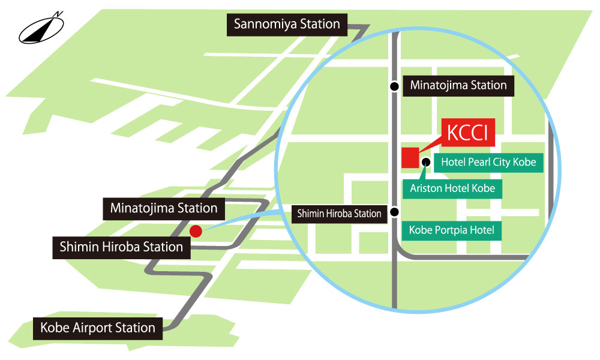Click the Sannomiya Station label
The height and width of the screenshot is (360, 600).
(287, 25)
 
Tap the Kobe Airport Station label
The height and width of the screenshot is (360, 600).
(98, 328)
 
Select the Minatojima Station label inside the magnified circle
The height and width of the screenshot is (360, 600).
(458, 86)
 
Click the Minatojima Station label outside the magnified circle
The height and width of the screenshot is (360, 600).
(164, 208)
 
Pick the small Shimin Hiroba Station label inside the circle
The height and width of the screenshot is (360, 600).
(340, 213)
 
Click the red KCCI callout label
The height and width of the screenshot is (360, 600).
(468, 133)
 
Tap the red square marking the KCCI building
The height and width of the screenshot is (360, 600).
(410, 157)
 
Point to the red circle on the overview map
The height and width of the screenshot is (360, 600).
(195, 230)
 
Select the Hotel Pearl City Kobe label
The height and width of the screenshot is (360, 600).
(488, 162)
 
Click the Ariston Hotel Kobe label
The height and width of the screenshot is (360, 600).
(452, 188)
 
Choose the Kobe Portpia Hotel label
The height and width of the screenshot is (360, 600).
(451, 230)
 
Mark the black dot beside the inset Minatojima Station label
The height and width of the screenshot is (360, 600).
(394, 86)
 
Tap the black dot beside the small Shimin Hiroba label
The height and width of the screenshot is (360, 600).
(394, 212)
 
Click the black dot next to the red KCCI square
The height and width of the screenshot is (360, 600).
(426, 161)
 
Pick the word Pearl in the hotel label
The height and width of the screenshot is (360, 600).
(479, 162)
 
